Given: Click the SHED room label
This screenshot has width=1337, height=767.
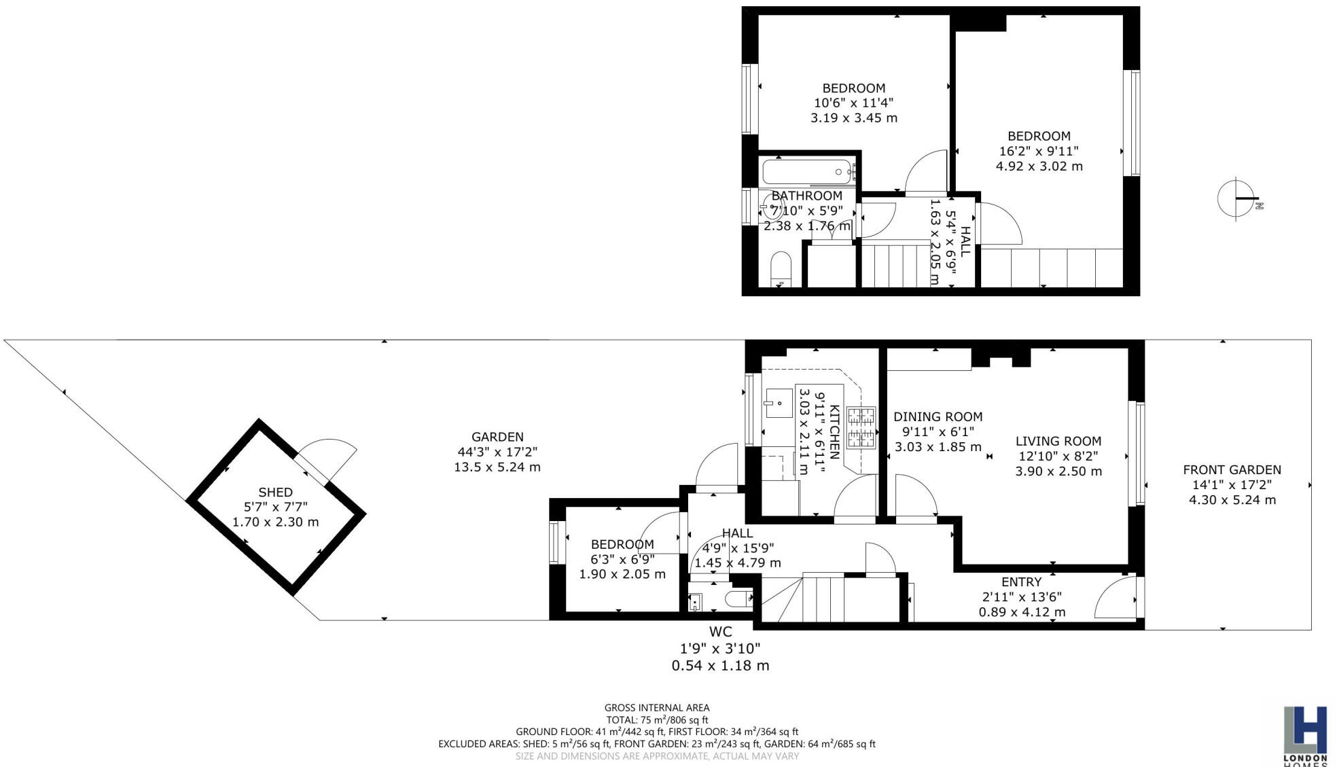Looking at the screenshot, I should tap(275, 492).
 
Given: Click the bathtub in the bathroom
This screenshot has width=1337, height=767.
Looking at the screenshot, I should tap(806, 172).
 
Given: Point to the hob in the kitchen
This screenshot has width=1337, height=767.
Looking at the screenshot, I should tap(861, 428).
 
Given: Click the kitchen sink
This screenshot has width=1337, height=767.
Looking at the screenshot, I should tap(778, 403).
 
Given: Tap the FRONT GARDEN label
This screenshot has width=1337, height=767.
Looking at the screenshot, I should tap(1232, 469).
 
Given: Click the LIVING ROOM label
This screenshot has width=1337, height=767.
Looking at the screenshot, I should tap(1058, 441).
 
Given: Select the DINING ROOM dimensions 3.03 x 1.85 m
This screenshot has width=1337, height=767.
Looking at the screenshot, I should tap(938, 447).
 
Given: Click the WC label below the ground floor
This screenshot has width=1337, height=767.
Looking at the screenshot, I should tap(720, 632).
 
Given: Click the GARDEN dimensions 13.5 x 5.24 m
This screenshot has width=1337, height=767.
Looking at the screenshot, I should tap(497, 467).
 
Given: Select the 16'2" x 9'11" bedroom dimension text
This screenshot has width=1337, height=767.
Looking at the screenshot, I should tap(1039, 151).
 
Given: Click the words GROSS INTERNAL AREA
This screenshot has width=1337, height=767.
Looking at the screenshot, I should tap(656, 707).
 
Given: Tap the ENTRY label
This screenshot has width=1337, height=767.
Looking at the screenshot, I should tap(1021, 582).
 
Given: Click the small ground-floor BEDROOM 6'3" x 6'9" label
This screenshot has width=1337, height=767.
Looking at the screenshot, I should tap(622, 544).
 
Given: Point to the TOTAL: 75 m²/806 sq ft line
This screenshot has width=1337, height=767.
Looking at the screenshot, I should tap(656, 719).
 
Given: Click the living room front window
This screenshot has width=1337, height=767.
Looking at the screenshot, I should tap(1139, 454).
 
